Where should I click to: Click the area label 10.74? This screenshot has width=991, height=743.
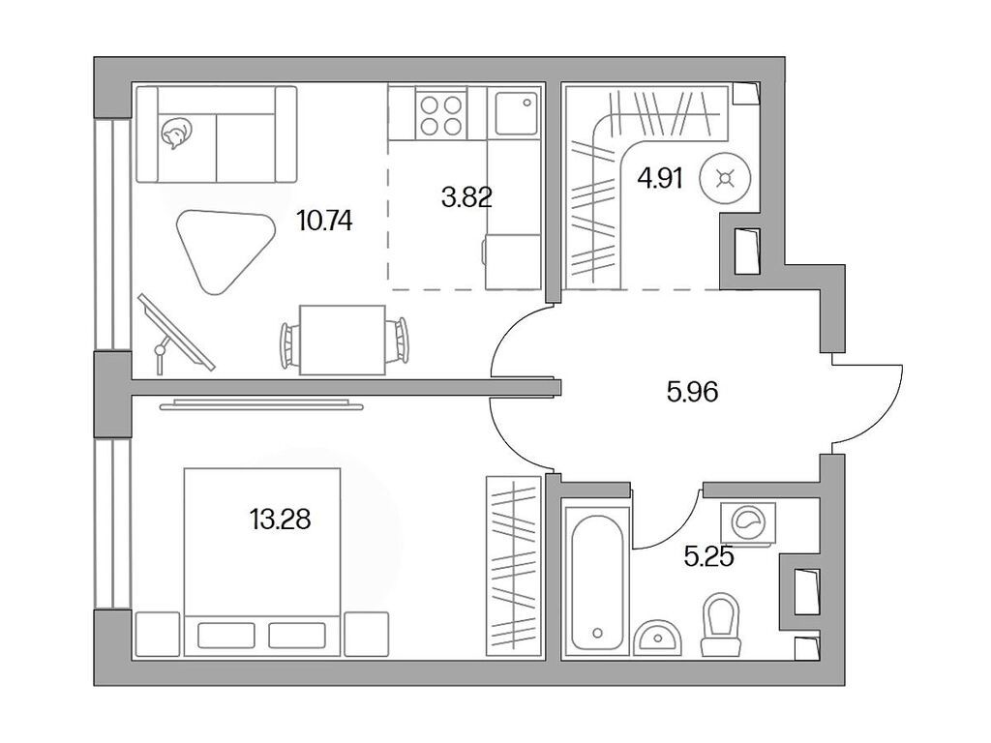click(x=324, y=221)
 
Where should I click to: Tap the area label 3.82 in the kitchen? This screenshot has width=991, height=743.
click(x=466, y=198)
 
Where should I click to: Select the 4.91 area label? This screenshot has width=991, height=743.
click(x=661, y=179)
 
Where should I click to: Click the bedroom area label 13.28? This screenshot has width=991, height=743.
click(x=281, y=520)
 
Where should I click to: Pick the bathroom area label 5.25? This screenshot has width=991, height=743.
click(x=708, y=558)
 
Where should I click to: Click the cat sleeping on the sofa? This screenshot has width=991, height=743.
click(x=174, y=134)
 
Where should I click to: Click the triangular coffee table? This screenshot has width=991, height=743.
click(x=221, y=247)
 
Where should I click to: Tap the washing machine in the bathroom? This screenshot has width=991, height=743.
click(x=747, y=523)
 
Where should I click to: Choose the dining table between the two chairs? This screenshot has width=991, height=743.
click(x=342, y=339)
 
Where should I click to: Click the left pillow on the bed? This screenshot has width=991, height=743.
click(x=225, y=635)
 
